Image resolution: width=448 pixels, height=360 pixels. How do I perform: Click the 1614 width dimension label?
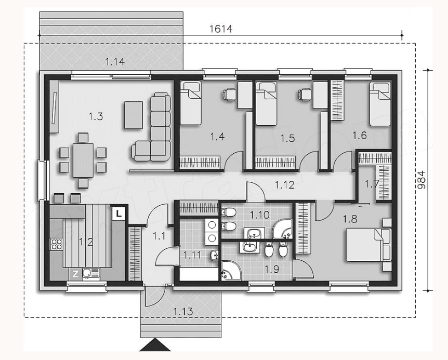pos(221,29)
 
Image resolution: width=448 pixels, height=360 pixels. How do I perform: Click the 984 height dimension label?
pos(421,180)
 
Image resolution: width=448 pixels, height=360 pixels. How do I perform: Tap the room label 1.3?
pos(96,116)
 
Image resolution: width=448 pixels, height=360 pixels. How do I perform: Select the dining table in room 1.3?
pos(83,161)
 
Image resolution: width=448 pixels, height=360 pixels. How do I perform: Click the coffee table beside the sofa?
pos(134,115)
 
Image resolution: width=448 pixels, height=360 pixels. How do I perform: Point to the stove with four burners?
pos(56,244)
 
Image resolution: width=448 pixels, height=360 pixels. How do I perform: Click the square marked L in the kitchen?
pos(118,213)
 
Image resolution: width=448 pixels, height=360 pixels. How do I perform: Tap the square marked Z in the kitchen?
pos(75,274)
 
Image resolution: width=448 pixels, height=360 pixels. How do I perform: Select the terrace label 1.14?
pos(115,61)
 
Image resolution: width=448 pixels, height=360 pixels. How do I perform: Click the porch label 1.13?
pos(183,312)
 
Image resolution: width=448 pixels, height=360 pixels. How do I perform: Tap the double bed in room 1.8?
pos(368,244)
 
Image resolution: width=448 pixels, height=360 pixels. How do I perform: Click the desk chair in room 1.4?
pos(230,94)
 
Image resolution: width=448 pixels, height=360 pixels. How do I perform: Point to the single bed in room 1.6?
pos(380,104)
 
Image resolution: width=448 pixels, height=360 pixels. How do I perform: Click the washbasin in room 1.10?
pos(254,233)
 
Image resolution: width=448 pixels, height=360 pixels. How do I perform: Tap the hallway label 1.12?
pos(285,185)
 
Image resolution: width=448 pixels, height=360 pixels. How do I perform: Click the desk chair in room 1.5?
pos(305,94)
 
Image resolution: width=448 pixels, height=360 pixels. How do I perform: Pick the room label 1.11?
pos(192,255)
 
